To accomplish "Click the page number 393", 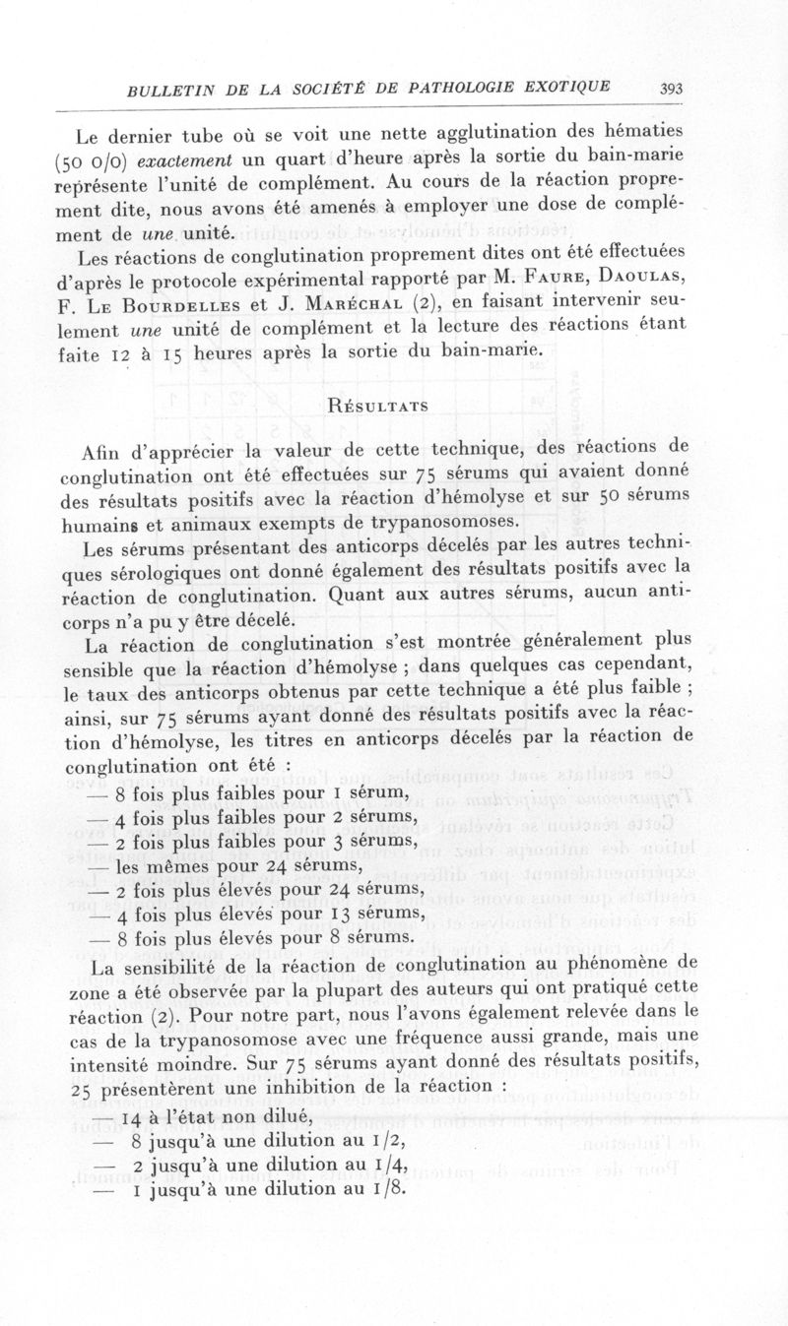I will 672,89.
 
